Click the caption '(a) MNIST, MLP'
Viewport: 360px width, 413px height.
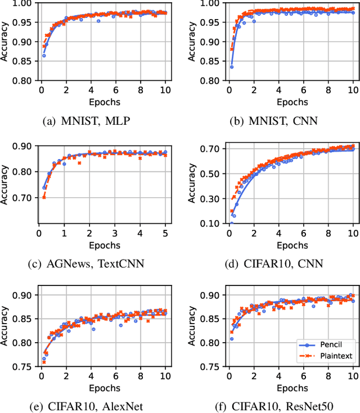tap(85, 119)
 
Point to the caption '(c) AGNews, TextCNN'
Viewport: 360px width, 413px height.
tap(85, 262)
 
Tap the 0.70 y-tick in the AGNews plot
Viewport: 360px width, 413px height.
tap(22, 198)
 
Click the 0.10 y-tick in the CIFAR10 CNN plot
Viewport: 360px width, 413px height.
tap(209, 224)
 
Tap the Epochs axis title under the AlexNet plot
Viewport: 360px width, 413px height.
tap(104, 387)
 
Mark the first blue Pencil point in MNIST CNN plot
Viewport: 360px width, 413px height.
tap(231, 67)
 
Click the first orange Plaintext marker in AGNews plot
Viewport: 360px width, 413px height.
tap(44, 197)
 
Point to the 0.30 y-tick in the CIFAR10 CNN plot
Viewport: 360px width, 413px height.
tap(209, 198)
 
